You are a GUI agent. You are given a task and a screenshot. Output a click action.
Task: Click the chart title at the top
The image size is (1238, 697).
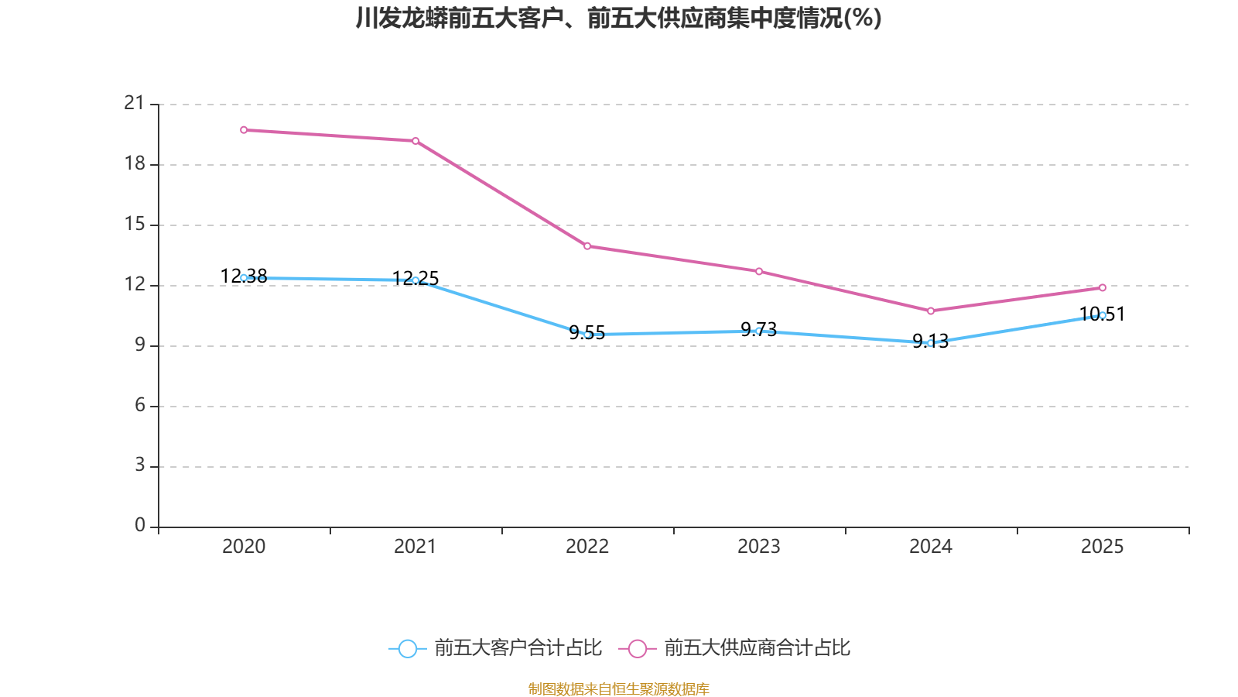(x=618, y=18)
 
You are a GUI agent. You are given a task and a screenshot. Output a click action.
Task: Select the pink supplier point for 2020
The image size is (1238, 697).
(x=244, y=130)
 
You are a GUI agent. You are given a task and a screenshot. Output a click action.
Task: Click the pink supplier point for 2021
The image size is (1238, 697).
(x=416, y=141)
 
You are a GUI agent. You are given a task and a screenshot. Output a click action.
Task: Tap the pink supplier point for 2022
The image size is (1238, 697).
(x=587, y=246)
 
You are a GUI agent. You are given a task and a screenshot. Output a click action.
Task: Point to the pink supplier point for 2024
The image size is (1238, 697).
(x=931, y=311)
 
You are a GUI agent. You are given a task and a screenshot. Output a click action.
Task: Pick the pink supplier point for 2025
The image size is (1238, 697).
(x=1103, y=287)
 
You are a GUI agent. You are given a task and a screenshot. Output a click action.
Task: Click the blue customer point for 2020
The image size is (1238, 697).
(x=244, y=277)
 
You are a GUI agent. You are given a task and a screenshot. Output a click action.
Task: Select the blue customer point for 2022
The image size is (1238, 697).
(x=587, y=335)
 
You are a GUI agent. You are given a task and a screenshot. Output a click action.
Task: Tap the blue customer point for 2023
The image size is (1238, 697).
(x=759, y=331)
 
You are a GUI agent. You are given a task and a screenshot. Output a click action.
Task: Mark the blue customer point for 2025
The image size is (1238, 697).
(x=1103, y=315)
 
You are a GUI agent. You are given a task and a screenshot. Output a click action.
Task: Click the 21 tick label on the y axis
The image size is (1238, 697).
(x=135, y=103)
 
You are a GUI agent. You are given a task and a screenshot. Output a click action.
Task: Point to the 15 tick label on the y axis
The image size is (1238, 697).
(x=135, y=224)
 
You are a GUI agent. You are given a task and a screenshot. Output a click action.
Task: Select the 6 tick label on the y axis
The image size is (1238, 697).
(x=139, y=405)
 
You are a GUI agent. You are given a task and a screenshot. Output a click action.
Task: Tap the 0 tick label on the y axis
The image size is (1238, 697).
(x=139, y=525)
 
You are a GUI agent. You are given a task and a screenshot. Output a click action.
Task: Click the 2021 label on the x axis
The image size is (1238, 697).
(x=416, y=547)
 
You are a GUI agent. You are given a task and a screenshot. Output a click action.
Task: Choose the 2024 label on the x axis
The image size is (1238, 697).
(x=931, y=547)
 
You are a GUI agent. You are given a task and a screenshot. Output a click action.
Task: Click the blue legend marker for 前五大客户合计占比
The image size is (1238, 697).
(x=407, y=648)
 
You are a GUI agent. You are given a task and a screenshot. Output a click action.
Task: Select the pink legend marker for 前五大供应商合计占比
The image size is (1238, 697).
(x=637, y=648)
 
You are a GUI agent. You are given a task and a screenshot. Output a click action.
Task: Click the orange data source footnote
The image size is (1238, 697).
(x=618, y=688)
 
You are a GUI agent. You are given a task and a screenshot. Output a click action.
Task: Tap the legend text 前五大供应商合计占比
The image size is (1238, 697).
(x=757, y=648)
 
